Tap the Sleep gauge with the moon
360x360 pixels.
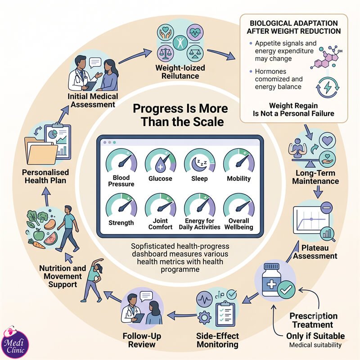[199, 161]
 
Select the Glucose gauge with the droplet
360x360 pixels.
[161, 161]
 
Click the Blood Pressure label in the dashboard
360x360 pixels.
[121, 181]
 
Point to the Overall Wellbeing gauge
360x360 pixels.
[239, 205]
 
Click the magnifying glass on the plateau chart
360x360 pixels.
[328, 234]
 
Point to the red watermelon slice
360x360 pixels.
[51, 238]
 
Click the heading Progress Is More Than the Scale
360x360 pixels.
[180, 115]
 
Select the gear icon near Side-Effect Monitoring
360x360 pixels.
[204, 317]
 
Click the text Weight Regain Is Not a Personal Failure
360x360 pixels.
[293, 109]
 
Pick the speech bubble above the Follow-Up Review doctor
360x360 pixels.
[146, 296]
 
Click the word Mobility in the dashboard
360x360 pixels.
[239, 179]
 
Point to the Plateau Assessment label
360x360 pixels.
[315, 252]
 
